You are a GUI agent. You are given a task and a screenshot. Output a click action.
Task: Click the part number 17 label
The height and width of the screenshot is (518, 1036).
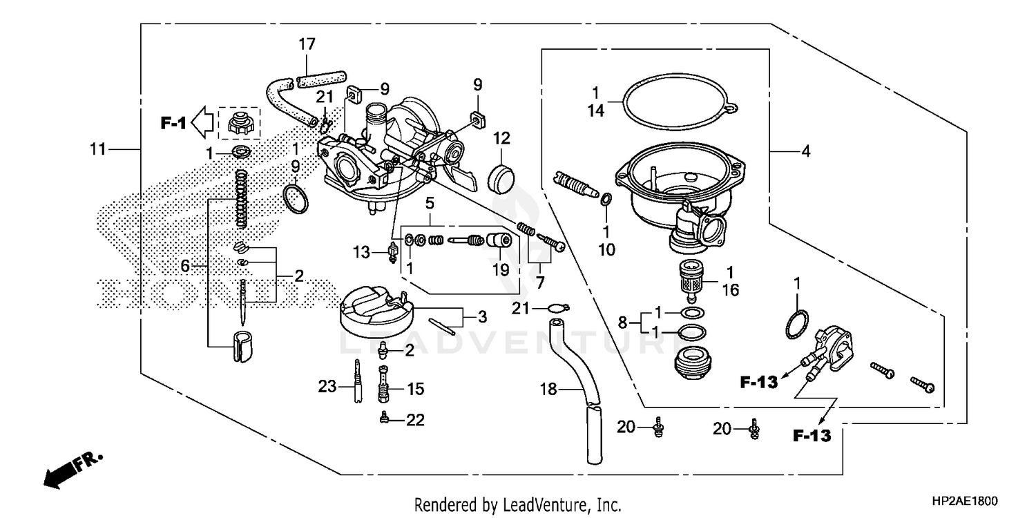pos(307,44)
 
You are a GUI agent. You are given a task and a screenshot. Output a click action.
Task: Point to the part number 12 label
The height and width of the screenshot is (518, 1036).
pos(501,138)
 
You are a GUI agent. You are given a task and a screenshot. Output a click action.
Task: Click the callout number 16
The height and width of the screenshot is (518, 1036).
pos(730,290)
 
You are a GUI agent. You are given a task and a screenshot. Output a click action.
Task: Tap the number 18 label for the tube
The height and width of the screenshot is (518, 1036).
pos(548,391)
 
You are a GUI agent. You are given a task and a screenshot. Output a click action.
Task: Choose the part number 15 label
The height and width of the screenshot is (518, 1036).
pos(415,390)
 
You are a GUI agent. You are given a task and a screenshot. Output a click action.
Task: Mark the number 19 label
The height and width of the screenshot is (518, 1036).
pos(501,269)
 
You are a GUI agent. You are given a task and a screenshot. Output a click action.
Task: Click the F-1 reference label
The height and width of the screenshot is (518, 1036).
pos(173,124)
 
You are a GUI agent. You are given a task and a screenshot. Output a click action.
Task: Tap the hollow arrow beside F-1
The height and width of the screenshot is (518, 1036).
pos(202,123)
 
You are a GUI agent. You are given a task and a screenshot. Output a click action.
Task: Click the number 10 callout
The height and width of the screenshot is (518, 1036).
pos(606,249)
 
